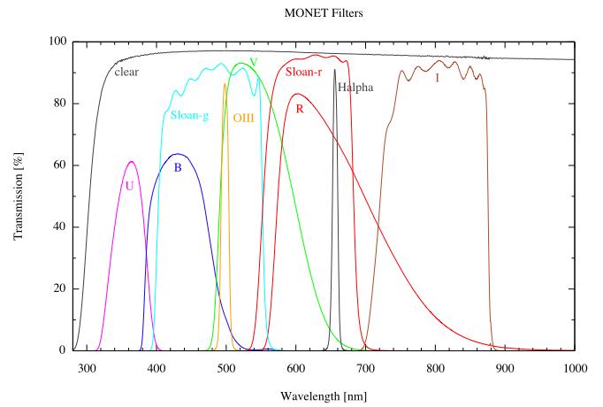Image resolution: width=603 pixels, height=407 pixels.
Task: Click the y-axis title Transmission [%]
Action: [19, 196]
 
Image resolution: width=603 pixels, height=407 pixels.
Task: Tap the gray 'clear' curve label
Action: [130, 69]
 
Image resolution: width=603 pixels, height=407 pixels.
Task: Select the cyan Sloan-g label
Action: [189, 115]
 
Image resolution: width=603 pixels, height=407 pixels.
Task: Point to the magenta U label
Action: [129, 186]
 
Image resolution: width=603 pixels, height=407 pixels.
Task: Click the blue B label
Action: [178, 166]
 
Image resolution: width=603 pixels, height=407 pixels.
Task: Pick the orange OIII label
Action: [243, 118]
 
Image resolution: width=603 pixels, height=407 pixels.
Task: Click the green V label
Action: [254, 63]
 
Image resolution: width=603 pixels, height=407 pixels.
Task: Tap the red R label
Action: [301, 109]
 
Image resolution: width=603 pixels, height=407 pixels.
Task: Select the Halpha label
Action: [355, 88]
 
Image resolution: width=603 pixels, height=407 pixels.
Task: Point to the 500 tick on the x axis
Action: [226, 368]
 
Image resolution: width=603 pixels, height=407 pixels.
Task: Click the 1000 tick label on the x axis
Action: [575, 368]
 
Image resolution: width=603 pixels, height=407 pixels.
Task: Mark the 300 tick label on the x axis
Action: [87, 368]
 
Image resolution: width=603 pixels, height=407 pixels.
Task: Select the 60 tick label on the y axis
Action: [58, 165]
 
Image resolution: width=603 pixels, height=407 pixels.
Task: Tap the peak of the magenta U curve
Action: [132, 162]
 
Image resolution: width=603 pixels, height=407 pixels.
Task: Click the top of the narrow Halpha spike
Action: [335, 70]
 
